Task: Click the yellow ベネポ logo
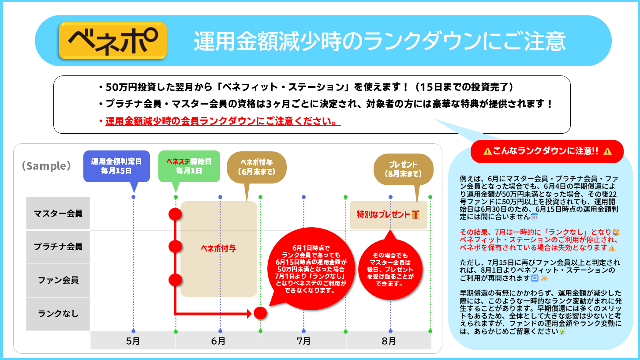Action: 113,41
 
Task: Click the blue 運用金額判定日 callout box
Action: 116,166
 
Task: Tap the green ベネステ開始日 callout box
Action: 189,166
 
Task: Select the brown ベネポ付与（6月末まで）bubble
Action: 257,167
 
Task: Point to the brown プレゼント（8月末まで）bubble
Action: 404,169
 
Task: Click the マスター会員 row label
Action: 58,213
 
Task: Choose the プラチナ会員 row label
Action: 58,247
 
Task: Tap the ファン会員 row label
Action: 58,280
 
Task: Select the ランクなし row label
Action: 58,314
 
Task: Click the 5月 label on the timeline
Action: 133,341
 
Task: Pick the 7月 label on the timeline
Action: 303,341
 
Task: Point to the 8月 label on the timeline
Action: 389,341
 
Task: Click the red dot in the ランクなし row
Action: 260,313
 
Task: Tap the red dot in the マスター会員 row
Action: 175,214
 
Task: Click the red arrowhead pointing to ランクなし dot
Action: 249,314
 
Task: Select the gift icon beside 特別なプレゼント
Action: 416,214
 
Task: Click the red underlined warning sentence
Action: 223,121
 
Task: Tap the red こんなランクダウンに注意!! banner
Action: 547,151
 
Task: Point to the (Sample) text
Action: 46,166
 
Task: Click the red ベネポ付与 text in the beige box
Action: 219,248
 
